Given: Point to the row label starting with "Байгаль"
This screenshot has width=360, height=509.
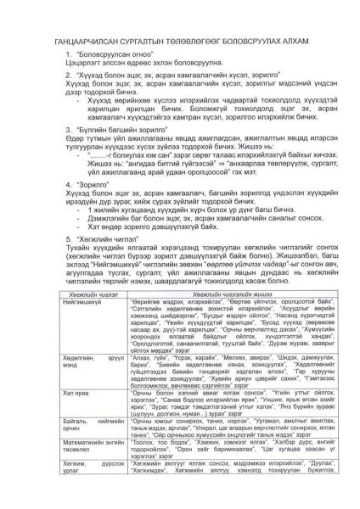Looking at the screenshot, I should click(85, 424).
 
